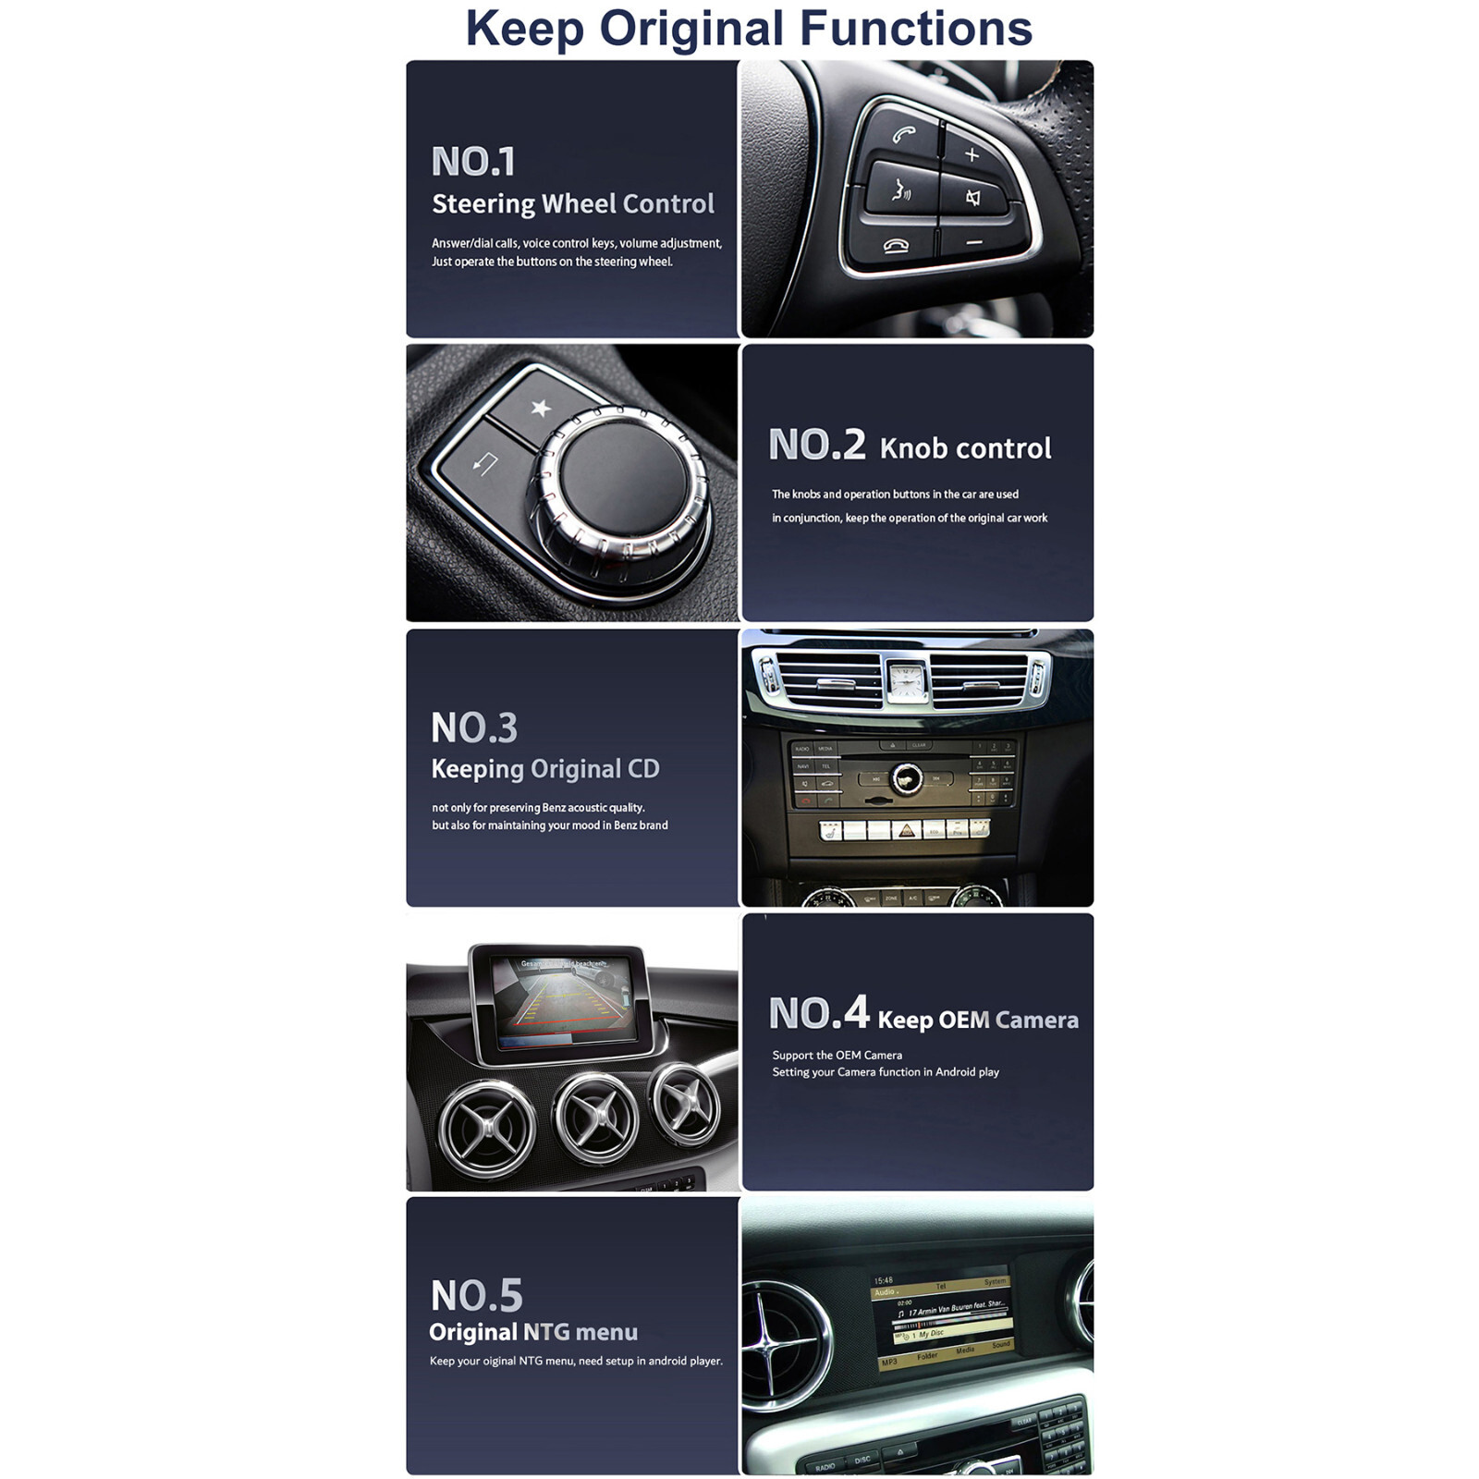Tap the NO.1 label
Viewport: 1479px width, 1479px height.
473,162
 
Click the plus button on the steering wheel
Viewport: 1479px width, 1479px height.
972,154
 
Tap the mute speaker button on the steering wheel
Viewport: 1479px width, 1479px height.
973,197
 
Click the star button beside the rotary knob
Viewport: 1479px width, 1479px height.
541,408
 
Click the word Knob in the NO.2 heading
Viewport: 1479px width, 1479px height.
913,448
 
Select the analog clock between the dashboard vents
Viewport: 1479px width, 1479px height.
907,681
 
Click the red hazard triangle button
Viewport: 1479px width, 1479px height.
907,829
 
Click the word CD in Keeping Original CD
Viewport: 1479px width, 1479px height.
644,769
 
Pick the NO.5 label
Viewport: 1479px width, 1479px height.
477,1295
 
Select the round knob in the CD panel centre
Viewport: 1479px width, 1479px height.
906,778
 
